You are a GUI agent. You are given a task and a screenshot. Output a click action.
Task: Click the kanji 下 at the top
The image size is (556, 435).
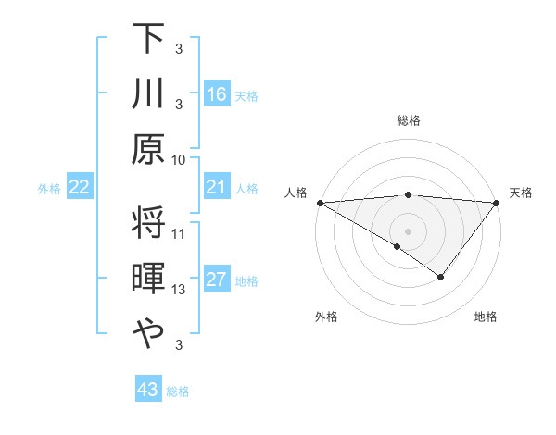pos(150,39)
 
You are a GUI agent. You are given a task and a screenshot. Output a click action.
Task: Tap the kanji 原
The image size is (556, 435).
pos(150,148)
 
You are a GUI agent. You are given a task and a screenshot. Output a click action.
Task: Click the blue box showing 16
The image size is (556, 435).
pos(217,94)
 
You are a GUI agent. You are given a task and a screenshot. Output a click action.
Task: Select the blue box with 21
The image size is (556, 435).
pos(217,188)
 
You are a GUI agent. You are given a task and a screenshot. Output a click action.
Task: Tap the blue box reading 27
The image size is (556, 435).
pos(217,280)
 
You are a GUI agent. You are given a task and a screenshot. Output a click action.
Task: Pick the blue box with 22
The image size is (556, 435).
pos(80,188)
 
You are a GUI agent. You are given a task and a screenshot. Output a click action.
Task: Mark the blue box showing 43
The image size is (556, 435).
pos(148,390)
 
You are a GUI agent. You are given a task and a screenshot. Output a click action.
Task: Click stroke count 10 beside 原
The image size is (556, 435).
pos(180,158)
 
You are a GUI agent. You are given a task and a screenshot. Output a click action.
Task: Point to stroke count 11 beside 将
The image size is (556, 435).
pos(180,233)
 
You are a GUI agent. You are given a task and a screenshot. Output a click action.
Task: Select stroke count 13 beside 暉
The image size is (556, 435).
pos(180,290)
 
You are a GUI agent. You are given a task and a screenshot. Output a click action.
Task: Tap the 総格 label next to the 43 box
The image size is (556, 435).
pos(178,391)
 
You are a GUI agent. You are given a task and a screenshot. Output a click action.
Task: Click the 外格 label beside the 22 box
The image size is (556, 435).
pos(49,189)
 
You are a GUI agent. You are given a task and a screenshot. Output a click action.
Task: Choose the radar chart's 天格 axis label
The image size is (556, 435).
pos(522,193)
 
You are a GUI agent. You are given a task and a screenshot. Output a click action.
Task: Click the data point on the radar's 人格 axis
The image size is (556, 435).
pos(320,203)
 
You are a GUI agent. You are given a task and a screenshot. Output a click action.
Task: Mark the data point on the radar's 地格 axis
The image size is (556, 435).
pos(441,277)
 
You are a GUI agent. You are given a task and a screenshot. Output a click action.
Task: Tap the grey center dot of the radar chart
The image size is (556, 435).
pos(408,230)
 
